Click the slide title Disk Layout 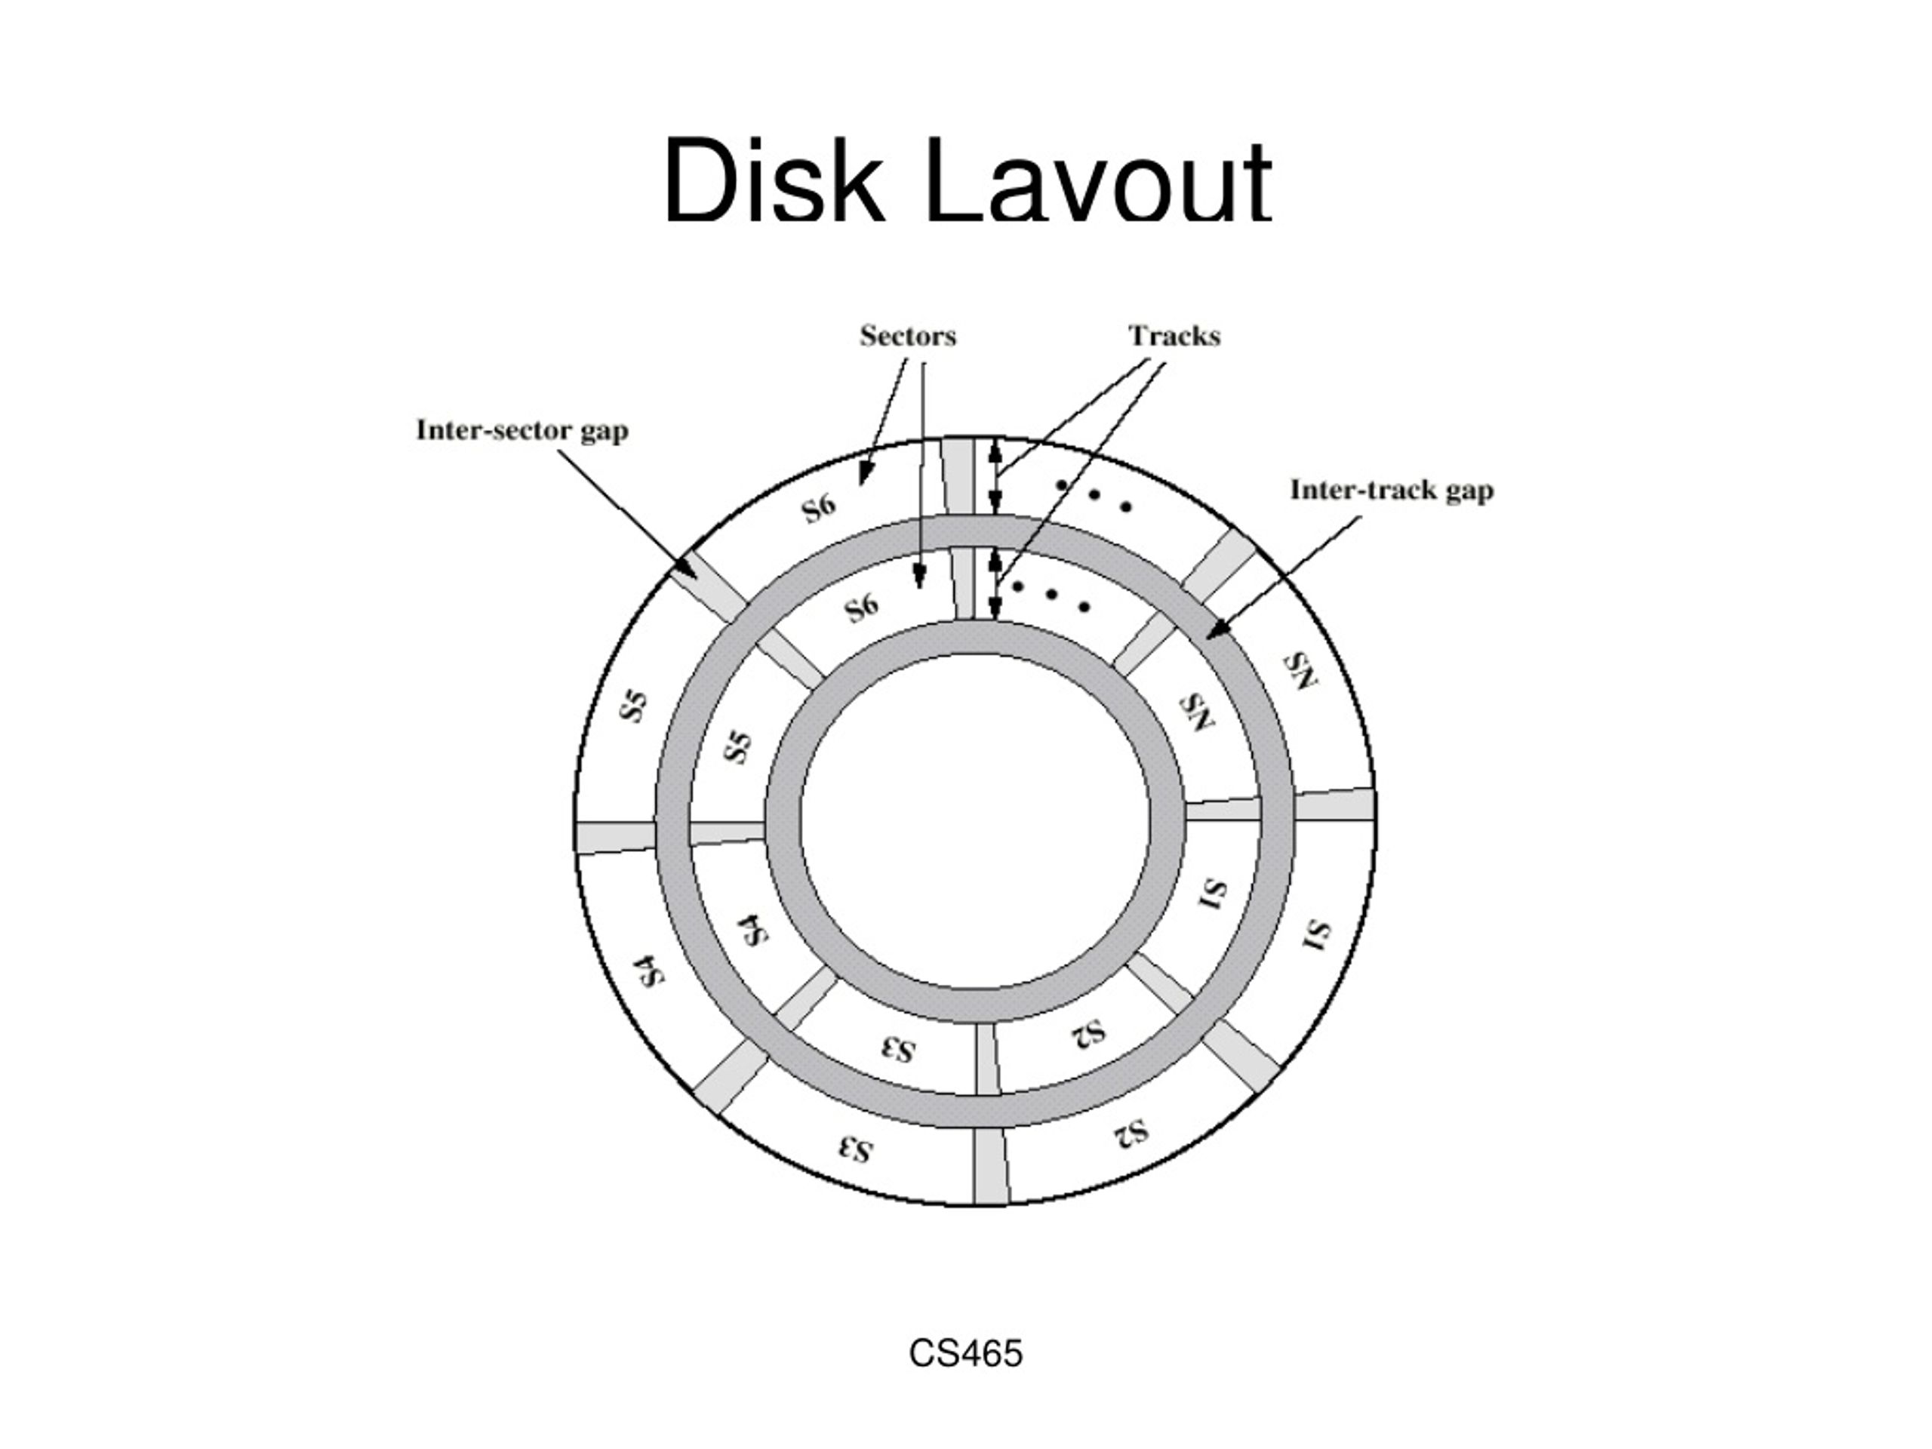pyautogui.click(x=967, y=181)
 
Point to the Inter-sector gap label pyautogui.click(x=522, y=431)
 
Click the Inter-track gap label pyautogui.click(x=1392, y=490)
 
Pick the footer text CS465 pyautogui.click(x=965, y=1353)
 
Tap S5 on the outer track pyautogui.click(x=634, y=706)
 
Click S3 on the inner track pyautogui.click(x=897, y=1050)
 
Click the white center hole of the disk pyautogui.click(x=975, y=822)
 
